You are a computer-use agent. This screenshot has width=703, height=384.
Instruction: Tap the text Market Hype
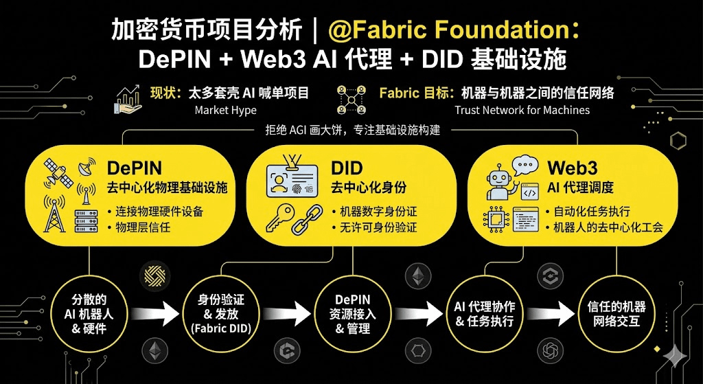(226, 110)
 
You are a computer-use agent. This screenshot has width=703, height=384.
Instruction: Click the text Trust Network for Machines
(522, 110)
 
